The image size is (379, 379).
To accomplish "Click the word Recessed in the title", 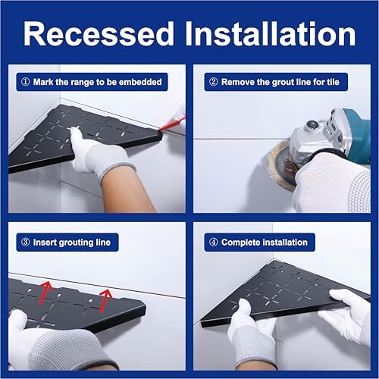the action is [x=99, y=34].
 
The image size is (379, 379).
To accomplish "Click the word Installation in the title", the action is [x=271, y=34].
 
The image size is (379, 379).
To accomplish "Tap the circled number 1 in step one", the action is [x=25, y=82].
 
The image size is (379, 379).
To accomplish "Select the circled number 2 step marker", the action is [x=214, y=82].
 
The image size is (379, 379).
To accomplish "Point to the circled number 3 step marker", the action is [x=25, y=243].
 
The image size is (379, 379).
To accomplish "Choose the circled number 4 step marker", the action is [x=214, y=243].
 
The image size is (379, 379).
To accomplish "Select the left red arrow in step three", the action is [x=46, y=293].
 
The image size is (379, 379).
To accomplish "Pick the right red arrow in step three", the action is [x=105, y=301].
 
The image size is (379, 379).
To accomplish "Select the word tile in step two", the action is [x=332, y=82].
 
